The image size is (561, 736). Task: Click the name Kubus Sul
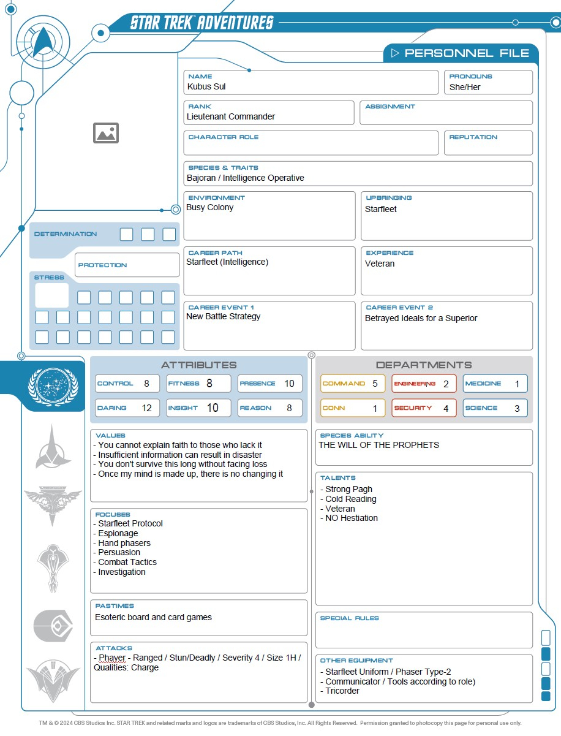pos(206,87)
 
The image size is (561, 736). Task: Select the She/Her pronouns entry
pos(465,87)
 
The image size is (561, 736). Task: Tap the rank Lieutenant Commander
pos(231,116)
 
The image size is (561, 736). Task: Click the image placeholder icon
pos(106,133)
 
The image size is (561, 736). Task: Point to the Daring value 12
pos(146,408)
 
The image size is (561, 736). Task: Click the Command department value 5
pos(375,384)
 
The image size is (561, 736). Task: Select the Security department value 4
pos(446,408)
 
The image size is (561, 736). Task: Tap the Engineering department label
pos(415,384)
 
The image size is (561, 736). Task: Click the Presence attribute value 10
pos(289,384)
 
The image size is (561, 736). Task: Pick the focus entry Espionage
pos(118,533)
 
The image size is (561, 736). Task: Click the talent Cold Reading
pos(350,499)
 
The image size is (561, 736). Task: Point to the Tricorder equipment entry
pos(342,691)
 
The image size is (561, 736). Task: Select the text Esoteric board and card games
pos(153,617)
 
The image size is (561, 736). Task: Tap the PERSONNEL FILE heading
pos(467,53)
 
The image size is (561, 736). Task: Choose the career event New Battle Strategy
pos(224,317)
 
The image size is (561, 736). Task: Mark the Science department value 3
pos(517,408)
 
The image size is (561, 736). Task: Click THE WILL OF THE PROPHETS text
pos(378,445)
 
